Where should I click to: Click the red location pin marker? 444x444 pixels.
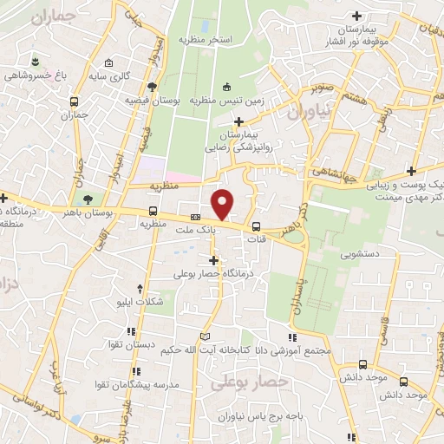223,205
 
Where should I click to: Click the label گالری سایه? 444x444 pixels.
130,76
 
